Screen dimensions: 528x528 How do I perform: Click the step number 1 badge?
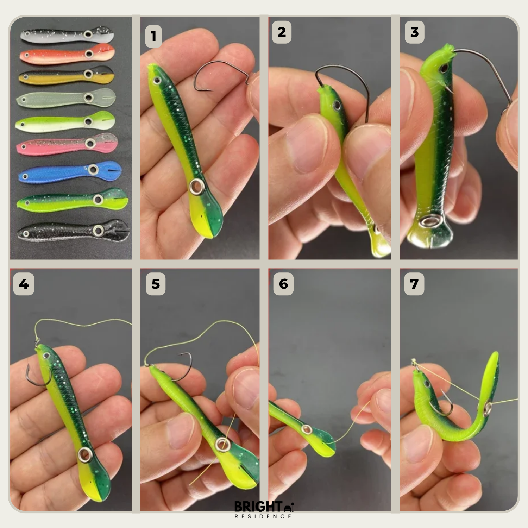click(x=153, y=36)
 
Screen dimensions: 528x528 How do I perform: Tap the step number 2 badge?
click(x=282, y=32)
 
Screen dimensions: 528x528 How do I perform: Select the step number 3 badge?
click(x=415, y=32)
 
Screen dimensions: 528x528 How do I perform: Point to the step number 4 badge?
click(x=24, y=284)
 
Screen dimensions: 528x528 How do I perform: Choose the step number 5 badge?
click(x=156, y=284)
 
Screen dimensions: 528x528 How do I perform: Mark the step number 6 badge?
click(x=283, y=284)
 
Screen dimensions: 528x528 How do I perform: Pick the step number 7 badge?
click(x=414, y=284)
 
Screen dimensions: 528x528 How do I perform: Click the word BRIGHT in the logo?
click(x=258, y=507)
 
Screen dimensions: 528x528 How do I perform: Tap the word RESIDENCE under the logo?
click(x=263, y=516)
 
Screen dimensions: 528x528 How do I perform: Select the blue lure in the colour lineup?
click(x=70, y=172)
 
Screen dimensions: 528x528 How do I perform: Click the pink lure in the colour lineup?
click(x=67, y=144)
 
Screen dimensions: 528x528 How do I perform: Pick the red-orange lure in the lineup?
click(x=67, y=54)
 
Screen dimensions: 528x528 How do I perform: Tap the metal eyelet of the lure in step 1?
click(x=196, y=187)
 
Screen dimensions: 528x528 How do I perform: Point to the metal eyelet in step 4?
click(x=85, y=455)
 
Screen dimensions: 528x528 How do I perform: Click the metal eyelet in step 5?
click(x=222, y=444)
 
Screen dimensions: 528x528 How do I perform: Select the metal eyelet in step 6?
click(x=307, y=429)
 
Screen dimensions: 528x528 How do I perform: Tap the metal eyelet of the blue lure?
click(x=93, y=170)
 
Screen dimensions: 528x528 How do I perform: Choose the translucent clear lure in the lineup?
click(x=66, y=99)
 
